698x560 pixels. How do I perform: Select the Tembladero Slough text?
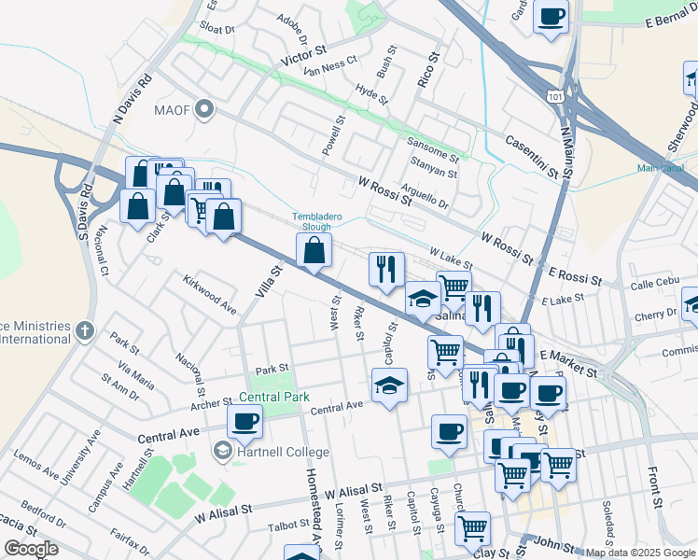tap(324, 221)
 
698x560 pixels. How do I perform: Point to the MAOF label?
tap(180, 111)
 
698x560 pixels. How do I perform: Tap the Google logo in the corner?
tap(31, 549)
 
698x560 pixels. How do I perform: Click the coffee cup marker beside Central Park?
tap(244, 421)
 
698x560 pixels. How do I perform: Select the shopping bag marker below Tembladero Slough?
tap(314, 250)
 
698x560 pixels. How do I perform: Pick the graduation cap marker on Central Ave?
tap(389, 385)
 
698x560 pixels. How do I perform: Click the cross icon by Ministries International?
tap(85, 329)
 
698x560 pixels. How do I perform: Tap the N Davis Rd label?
tap(131, 100)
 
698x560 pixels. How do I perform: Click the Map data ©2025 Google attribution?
tap(639, 553)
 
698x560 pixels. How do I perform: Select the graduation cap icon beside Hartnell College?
tap(222, 452)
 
